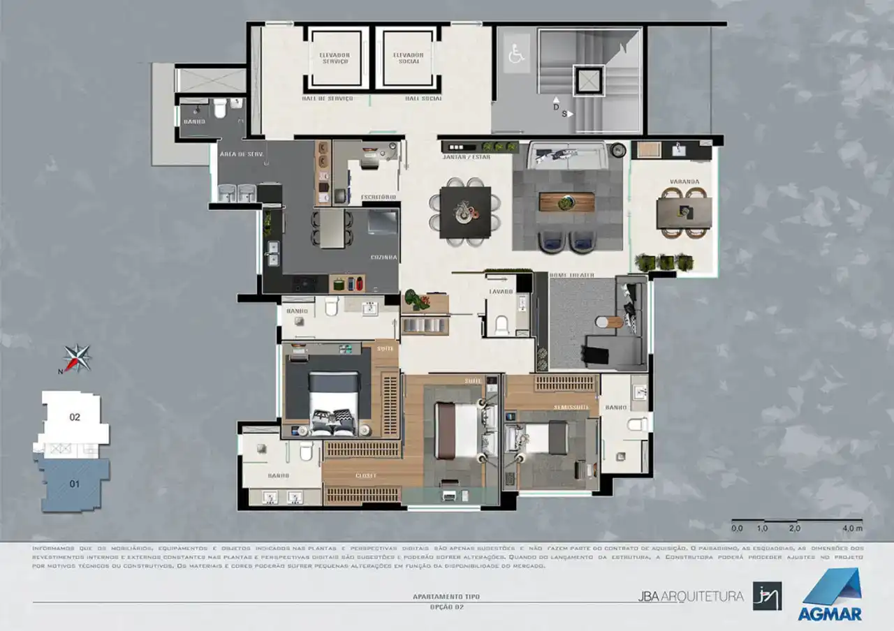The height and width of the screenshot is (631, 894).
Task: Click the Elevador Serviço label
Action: click(x=334, y=58)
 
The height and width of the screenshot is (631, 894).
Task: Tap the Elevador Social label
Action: click(x=408, y=58)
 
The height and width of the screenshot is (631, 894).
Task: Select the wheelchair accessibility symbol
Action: click(x=516, y=55)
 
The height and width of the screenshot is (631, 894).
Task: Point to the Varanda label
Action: click(x=684, y=181)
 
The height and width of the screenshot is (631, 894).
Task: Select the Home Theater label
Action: click(x=571, y=276)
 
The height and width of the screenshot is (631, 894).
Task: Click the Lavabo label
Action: click(x=501, y=291)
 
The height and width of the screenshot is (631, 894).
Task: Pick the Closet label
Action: click(x=366, y=476)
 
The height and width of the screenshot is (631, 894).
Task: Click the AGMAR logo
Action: click(x=831, y=594)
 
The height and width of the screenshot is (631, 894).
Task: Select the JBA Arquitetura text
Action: click(x=690, y=597)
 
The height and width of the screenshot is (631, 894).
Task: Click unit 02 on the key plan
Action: click(x=75, y=417)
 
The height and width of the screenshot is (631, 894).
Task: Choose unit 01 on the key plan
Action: click(x=74, y=483)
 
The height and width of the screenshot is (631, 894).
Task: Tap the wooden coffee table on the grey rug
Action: click(x=566, y=202)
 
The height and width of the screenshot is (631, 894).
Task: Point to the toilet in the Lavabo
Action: click(x=501, y=325)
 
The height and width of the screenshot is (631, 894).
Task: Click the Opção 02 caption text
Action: click(x=446, y=607)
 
